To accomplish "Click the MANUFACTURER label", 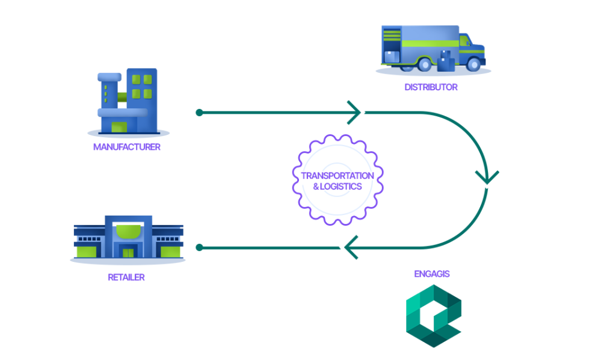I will (127, 147).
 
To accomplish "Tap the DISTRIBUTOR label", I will (431, 87).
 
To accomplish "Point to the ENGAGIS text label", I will (432, 274).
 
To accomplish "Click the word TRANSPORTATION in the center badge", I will (337, 176).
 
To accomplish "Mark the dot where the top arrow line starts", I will (200, 113).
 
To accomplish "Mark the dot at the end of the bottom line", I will (200, 247).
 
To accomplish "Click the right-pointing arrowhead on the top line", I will (356, 113).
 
